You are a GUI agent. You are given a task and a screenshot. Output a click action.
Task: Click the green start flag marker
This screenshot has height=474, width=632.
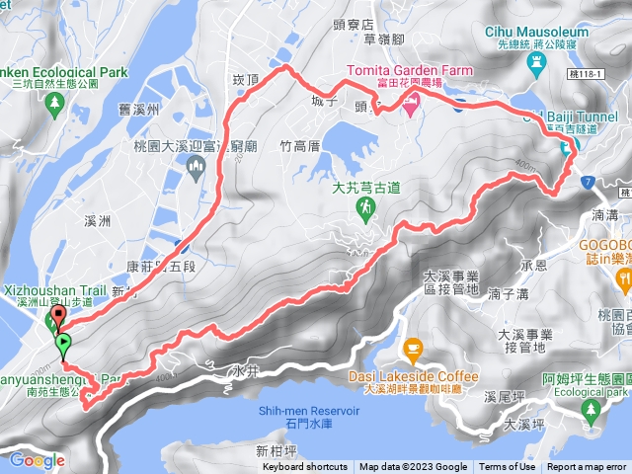coord(64,345)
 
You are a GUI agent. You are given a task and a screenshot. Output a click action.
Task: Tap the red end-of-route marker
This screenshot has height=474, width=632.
coord(57,318)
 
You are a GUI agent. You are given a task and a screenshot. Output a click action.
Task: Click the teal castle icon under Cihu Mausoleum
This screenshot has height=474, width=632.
coord(537,66)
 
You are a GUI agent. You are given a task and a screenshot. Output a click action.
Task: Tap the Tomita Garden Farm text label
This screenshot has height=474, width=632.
coord(409,71)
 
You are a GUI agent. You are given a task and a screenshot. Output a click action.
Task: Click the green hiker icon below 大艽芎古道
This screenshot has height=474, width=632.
coord(365,207)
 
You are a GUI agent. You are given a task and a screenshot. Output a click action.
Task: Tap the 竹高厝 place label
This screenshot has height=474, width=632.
coord(300,146)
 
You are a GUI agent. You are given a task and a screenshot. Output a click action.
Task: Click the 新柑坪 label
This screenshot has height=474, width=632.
coord(276,451)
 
